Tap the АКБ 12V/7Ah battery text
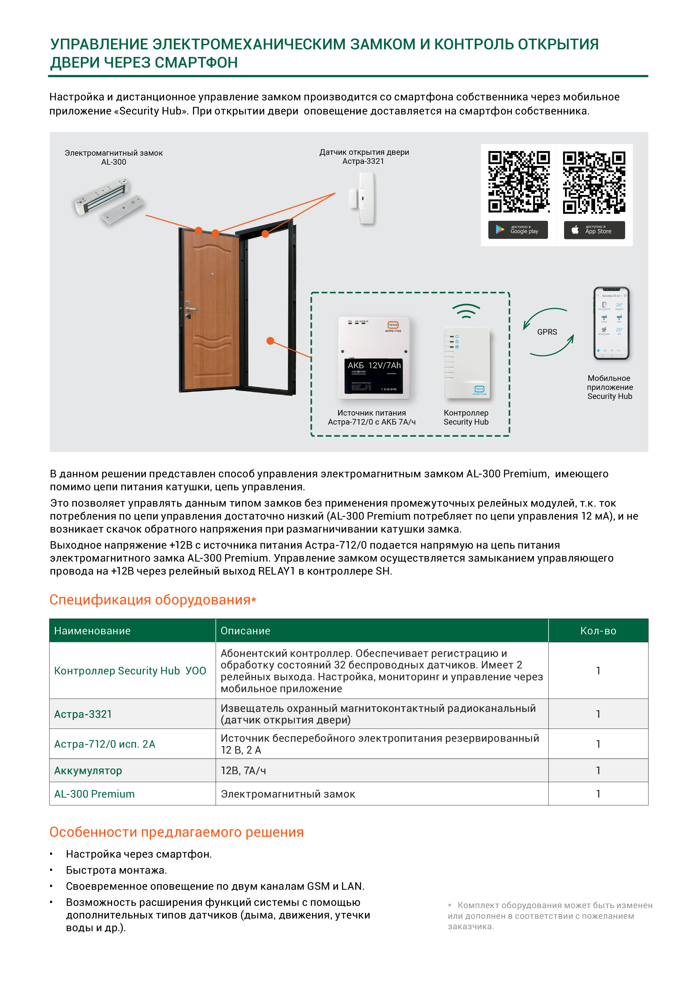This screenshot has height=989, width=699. pos(374,365)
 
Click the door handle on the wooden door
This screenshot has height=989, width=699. pos(191,309)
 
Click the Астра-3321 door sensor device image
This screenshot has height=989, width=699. pos(363,198)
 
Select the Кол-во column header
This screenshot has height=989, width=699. pos(598,631)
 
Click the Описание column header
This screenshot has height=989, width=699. pos(245,631)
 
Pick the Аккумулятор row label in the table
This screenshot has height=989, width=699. pos(88,771)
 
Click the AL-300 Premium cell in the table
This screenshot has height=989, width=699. pos(95,794)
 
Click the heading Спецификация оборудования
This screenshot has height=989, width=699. pos(152,600)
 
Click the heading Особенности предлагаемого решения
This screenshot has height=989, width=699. pos(176,832)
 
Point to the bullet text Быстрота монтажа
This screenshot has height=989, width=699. pos(116,870)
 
